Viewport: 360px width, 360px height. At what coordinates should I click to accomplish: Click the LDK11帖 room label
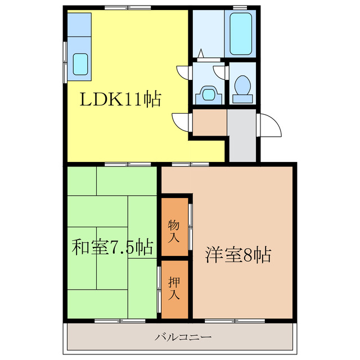pos(120,100)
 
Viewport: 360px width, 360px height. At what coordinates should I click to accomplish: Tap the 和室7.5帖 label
pos(112,247)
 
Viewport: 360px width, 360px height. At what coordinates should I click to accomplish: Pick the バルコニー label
pos(183,337)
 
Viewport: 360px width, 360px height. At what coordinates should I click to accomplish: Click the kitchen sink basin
pos(80,63)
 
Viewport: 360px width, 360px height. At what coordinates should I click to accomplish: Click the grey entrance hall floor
pos(242,135)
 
